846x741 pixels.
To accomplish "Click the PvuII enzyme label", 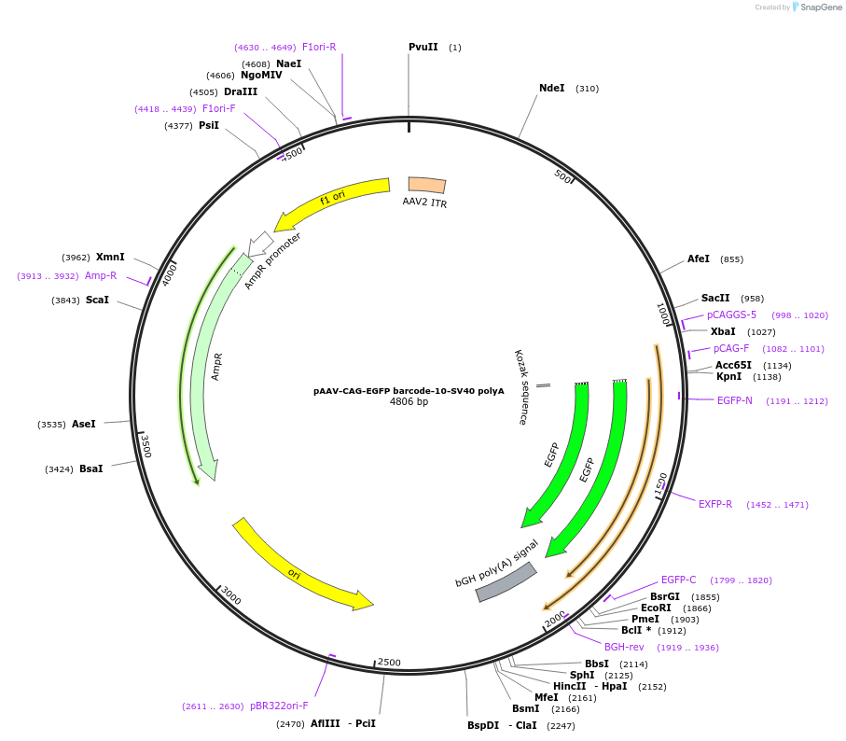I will [x=423, y=47].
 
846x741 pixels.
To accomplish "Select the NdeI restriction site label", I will [x=551, y=88].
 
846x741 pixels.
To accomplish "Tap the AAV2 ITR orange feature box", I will [x=427, y=186].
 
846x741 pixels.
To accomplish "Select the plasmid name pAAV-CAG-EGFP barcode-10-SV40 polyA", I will [x=409, y=391].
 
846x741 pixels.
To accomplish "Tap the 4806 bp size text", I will [x=409, y=402].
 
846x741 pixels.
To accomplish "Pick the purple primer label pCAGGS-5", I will [x=731, y=315].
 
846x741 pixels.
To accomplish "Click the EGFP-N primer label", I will [x=734, y=400].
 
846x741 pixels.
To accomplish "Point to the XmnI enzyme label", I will [x=110, y=257].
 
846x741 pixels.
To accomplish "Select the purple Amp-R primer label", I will [x=101, y=275].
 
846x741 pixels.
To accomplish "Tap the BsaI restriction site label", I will [x=90, y=468].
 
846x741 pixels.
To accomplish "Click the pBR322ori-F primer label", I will [x=279, y=706].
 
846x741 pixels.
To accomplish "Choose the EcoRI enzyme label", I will [x=656, y=608].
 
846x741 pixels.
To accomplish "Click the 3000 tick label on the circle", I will [x=230, y=596].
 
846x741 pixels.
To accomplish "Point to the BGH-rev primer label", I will [x=624, y=647].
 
